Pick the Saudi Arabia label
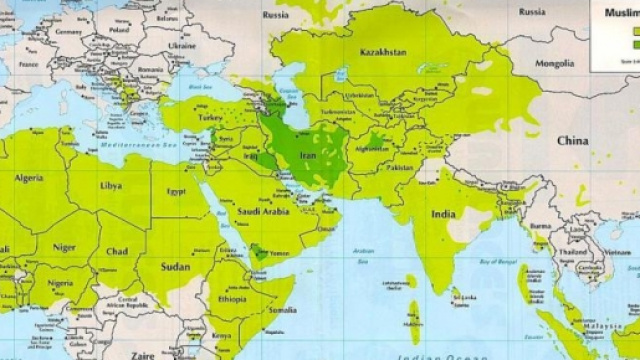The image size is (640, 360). click(263, 211)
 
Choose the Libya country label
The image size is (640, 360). click(112, 186)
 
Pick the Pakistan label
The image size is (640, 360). click(398, 167)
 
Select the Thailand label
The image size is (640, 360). click(573, 253)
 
